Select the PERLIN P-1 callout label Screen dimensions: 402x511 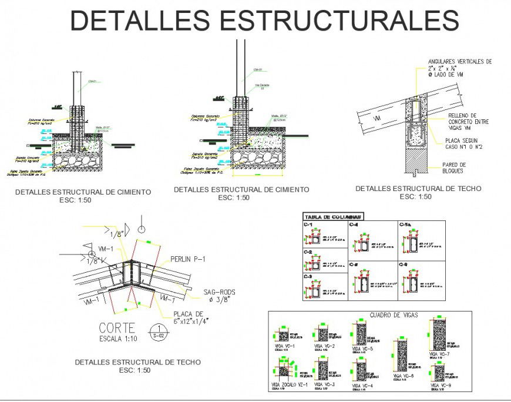point(188,259)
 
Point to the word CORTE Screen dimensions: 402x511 point(117,328)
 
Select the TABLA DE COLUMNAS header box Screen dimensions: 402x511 point(332,216)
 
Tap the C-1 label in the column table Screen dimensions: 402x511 point(308,225)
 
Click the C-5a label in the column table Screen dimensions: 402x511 point(405,225)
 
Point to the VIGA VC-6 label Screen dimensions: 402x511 point(404,376)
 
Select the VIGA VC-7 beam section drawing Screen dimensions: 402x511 point(438,334)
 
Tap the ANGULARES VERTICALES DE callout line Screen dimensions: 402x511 point(459,62)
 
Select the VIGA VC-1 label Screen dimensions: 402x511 point(284,347)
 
